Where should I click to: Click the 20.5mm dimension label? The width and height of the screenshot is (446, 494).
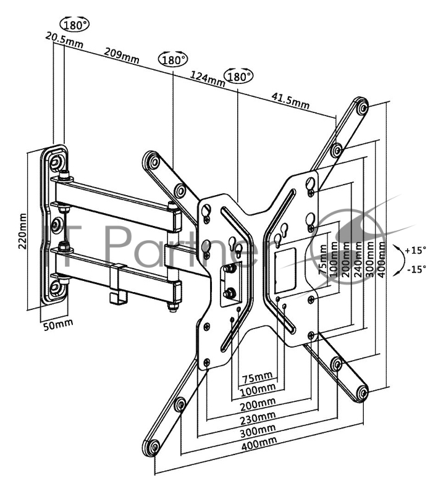click(x=64, y=40)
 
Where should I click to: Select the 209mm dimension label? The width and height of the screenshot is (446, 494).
click(x=122, y=55)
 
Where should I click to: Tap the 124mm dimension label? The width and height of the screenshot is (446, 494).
click(x=208, y=78)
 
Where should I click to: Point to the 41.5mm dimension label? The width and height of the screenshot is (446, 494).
click(x=290, y=101)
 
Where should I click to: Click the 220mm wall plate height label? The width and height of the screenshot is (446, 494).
click(x=23, y=231)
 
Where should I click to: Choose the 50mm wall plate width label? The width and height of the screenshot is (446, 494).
click(x=58, y=324)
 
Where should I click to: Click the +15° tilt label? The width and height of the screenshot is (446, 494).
click(x=416, y=251)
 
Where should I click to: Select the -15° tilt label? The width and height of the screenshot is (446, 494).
click(x=416, y=269)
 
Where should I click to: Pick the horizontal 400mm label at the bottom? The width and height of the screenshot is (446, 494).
click(x=259, y=443)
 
